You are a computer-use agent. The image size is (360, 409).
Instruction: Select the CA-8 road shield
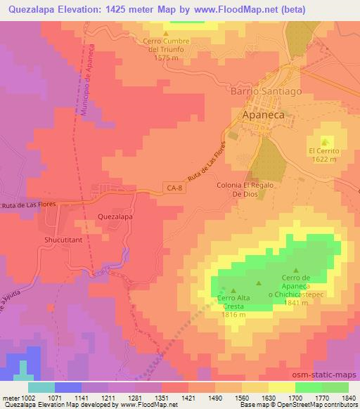tap(175, 187)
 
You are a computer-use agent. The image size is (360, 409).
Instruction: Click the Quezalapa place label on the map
tap(115, 218)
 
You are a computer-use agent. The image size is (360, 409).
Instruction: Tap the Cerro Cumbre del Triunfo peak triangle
tap(166, 33)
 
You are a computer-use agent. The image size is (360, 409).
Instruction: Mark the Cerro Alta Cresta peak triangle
tap(233, 289)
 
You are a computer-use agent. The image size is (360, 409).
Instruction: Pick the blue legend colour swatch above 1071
tap(67, 387)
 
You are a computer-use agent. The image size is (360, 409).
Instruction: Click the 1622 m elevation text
tap(324, 160)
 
